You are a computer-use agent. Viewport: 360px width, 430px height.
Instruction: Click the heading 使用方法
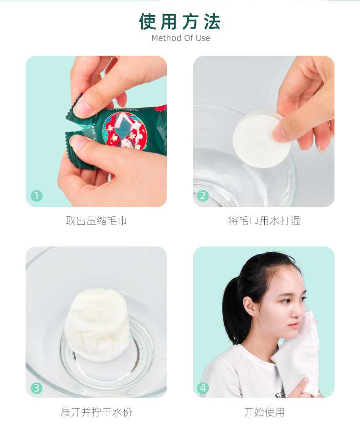point(180,21)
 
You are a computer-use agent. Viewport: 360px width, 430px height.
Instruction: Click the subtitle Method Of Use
point(180,38)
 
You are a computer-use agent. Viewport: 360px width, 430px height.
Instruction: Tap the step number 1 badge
point(36,196)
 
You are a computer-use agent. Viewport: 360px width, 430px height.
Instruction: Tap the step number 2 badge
point(203,196)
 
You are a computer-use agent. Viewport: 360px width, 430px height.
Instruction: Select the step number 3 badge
point(36,388)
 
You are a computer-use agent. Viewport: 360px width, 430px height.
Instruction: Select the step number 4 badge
point(203,388)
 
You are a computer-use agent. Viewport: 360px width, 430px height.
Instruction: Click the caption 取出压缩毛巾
point(96,221)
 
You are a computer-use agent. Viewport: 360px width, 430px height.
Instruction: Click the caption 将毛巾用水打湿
point(264,221)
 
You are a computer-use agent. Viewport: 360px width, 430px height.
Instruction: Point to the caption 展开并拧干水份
point(96,412)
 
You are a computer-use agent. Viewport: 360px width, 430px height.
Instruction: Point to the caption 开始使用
point(264,412)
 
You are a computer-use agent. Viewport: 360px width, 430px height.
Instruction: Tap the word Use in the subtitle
point(203,38)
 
